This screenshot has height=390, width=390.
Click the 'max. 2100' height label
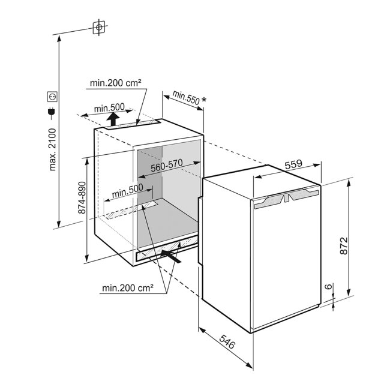(x=53, y=149)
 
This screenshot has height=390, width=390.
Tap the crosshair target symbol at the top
(x=99, y=27)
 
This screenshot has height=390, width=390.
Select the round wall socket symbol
(x=52, y=97)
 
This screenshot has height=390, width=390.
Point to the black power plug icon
(x=52, y=112)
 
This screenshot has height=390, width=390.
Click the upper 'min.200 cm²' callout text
(x=116, y=83)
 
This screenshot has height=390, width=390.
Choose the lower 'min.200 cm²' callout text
(x=128, y=288)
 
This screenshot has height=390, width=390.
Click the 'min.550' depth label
(x=186, y=97)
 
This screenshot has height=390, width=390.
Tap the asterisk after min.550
(x=204, y=100)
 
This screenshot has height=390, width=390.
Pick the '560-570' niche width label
(x=167, y=165)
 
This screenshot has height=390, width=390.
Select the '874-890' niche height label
(x=82, y=198)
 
